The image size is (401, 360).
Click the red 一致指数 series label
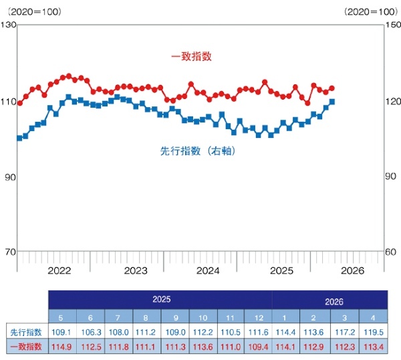click(191, 56)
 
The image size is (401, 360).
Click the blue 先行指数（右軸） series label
click(197, 151)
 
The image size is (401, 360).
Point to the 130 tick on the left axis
click(8, 25)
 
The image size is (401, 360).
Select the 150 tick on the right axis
click(393, 25)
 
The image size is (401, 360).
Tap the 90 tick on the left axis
click(10, 177)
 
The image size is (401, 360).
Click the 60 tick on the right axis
click(390, 252)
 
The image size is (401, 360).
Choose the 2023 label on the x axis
click(136, 270)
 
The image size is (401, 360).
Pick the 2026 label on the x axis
click(352, 270)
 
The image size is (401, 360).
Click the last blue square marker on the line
click(332, 102)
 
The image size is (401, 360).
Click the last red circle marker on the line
click(332, 88)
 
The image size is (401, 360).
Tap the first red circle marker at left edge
click(20, 103)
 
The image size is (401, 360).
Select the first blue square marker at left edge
click(19, 139)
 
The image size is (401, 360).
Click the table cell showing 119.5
click(374, 332)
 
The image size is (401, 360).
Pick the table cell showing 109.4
click(258, 347)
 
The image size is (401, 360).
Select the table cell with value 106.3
click(91, 332)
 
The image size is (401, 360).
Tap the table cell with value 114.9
click(61, 347)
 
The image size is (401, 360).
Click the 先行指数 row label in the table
click(26, 333)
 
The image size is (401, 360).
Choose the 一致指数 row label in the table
click(26, 347)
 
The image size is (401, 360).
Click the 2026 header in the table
click(334, 302)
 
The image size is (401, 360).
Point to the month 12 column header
click(259, 318)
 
